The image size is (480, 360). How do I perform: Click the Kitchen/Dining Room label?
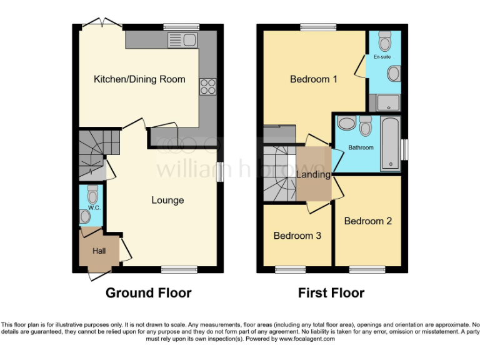pos(139,79)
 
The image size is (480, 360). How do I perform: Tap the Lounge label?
pos(167,200)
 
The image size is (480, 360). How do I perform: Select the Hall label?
pos(99,251)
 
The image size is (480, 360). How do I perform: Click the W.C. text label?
pos(93,207)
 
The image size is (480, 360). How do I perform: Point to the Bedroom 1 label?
pos(314,79)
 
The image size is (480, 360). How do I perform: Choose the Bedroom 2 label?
pos(368,221)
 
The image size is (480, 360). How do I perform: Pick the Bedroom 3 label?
pos(297,236)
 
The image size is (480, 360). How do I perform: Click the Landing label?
pos(313,174)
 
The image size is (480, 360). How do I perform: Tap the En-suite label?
pos(382,57)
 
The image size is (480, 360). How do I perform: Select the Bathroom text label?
pos(361,147)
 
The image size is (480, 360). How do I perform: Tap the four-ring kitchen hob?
pos(207,87)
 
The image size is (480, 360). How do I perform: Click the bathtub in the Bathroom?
pos(391,143)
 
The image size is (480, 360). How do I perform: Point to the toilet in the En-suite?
pos(385,41)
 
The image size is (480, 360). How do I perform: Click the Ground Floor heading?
pos(148,292)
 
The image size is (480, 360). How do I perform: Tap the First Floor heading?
pos(331,292)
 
